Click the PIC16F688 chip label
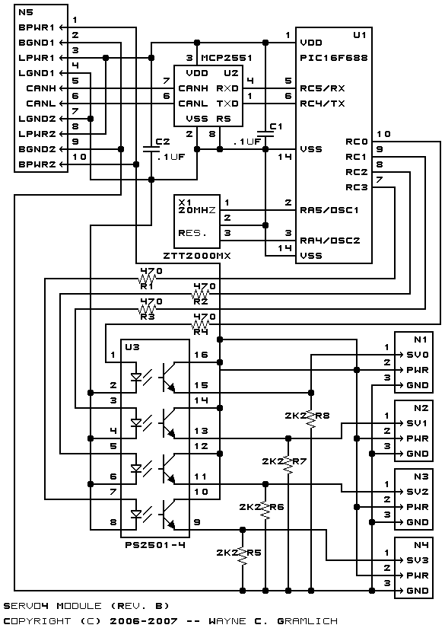pyautogui.click(x=333, y=58)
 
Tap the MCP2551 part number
pyautogui.click(x=227, y=58)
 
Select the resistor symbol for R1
pyautogui.click(x=148, y=279)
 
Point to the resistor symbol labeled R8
pyautogui.click(x=311, y=416)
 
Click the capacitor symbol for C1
pyautogui.click(x=265, y=134)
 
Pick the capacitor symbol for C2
pyautogui.click(x=151, y=149)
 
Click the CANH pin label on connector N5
pyautogui.click(x=41, y=88)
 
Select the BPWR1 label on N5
pyautogui.click(x=37, y=27)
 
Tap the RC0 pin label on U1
pyautogui.click(x=357, y=142)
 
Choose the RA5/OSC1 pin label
pyautogui.click(x=329, y=210)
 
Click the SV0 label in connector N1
pyautogui.click(x=418, y=355)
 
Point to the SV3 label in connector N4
pyautogui.click(x=418, y=560)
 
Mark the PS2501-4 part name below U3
pyautogui.click(x=155, y=545)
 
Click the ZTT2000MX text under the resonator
pyautogui.click(x=197, y=256)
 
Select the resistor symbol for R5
pyautogui.click(x=242, y=553)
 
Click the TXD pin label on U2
pyautogui.click(x=227, y=104)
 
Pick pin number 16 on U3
pyautogui.click(x=201, y=355)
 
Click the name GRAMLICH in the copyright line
pyautogui.click(x=307, y=621)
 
